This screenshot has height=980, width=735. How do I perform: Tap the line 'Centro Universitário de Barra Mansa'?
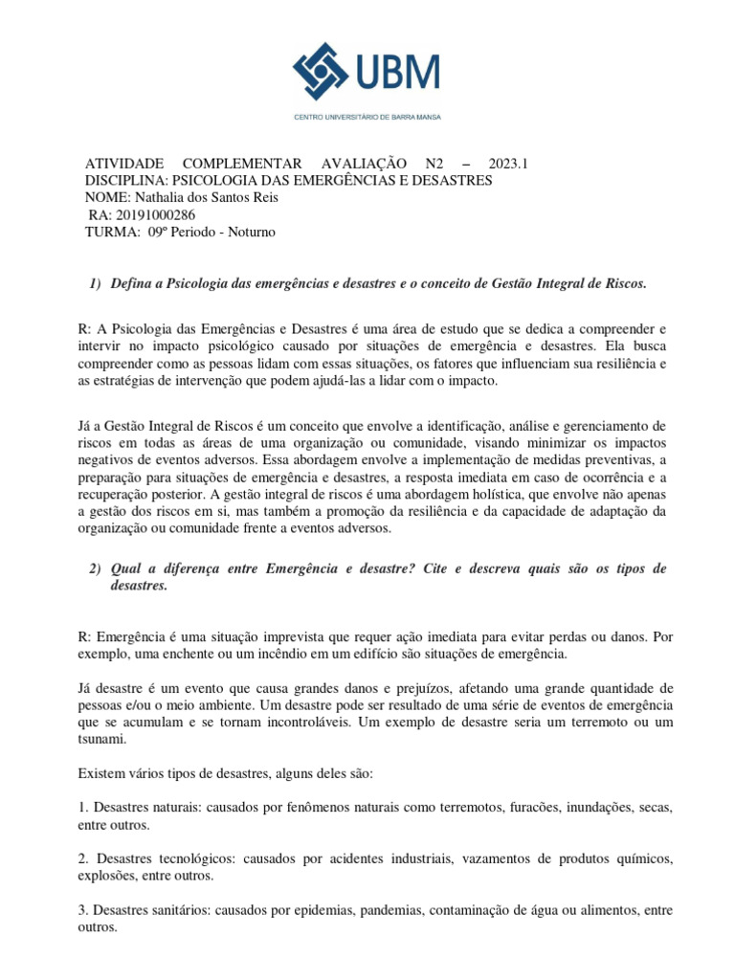coord(367,118)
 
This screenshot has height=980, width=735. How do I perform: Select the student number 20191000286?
coord(152,214)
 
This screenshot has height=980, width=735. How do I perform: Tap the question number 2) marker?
coord(95,569)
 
